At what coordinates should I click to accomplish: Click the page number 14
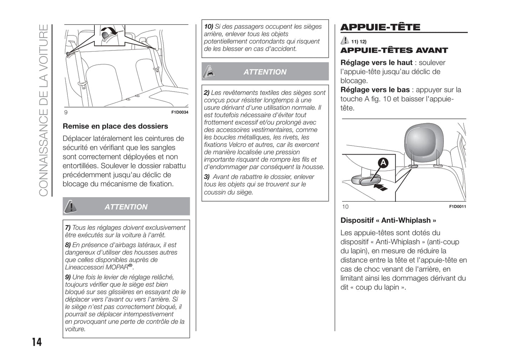pos(37,342)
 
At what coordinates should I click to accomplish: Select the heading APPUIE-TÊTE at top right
pos(380,27)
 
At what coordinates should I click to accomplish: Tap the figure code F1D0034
pos(180,112)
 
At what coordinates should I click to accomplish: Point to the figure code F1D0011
pos(458,207)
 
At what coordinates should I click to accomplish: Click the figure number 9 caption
pos(66,112)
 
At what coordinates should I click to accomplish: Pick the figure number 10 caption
pos(345,207)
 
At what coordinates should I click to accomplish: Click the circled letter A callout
pos(383,163)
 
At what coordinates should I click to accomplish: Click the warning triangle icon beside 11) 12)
pos(345,41)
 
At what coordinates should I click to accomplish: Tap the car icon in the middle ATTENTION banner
pos(209,72)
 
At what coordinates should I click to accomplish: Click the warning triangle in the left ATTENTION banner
pos(71,207)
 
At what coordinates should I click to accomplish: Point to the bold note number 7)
pos(68,228)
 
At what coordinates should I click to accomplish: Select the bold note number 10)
pos(208,27)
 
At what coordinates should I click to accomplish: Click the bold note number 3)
pos(207,177)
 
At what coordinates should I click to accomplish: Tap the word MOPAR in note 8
pos(116,267)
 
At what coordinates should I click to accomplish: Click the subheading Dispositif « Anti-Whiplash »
pos(388,220)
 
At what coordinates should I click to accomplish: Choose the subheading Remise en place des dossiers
pos(115,126)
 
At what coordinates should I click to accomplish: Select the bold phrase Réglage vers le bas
pos(375,90)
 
